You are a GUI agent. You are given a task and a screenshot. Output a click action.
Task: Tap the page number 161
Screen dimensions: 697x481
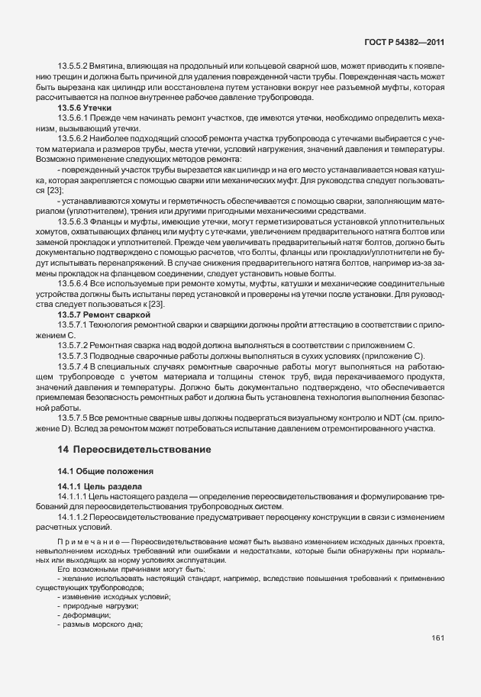pyautogui.click(x=438, y=637)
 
